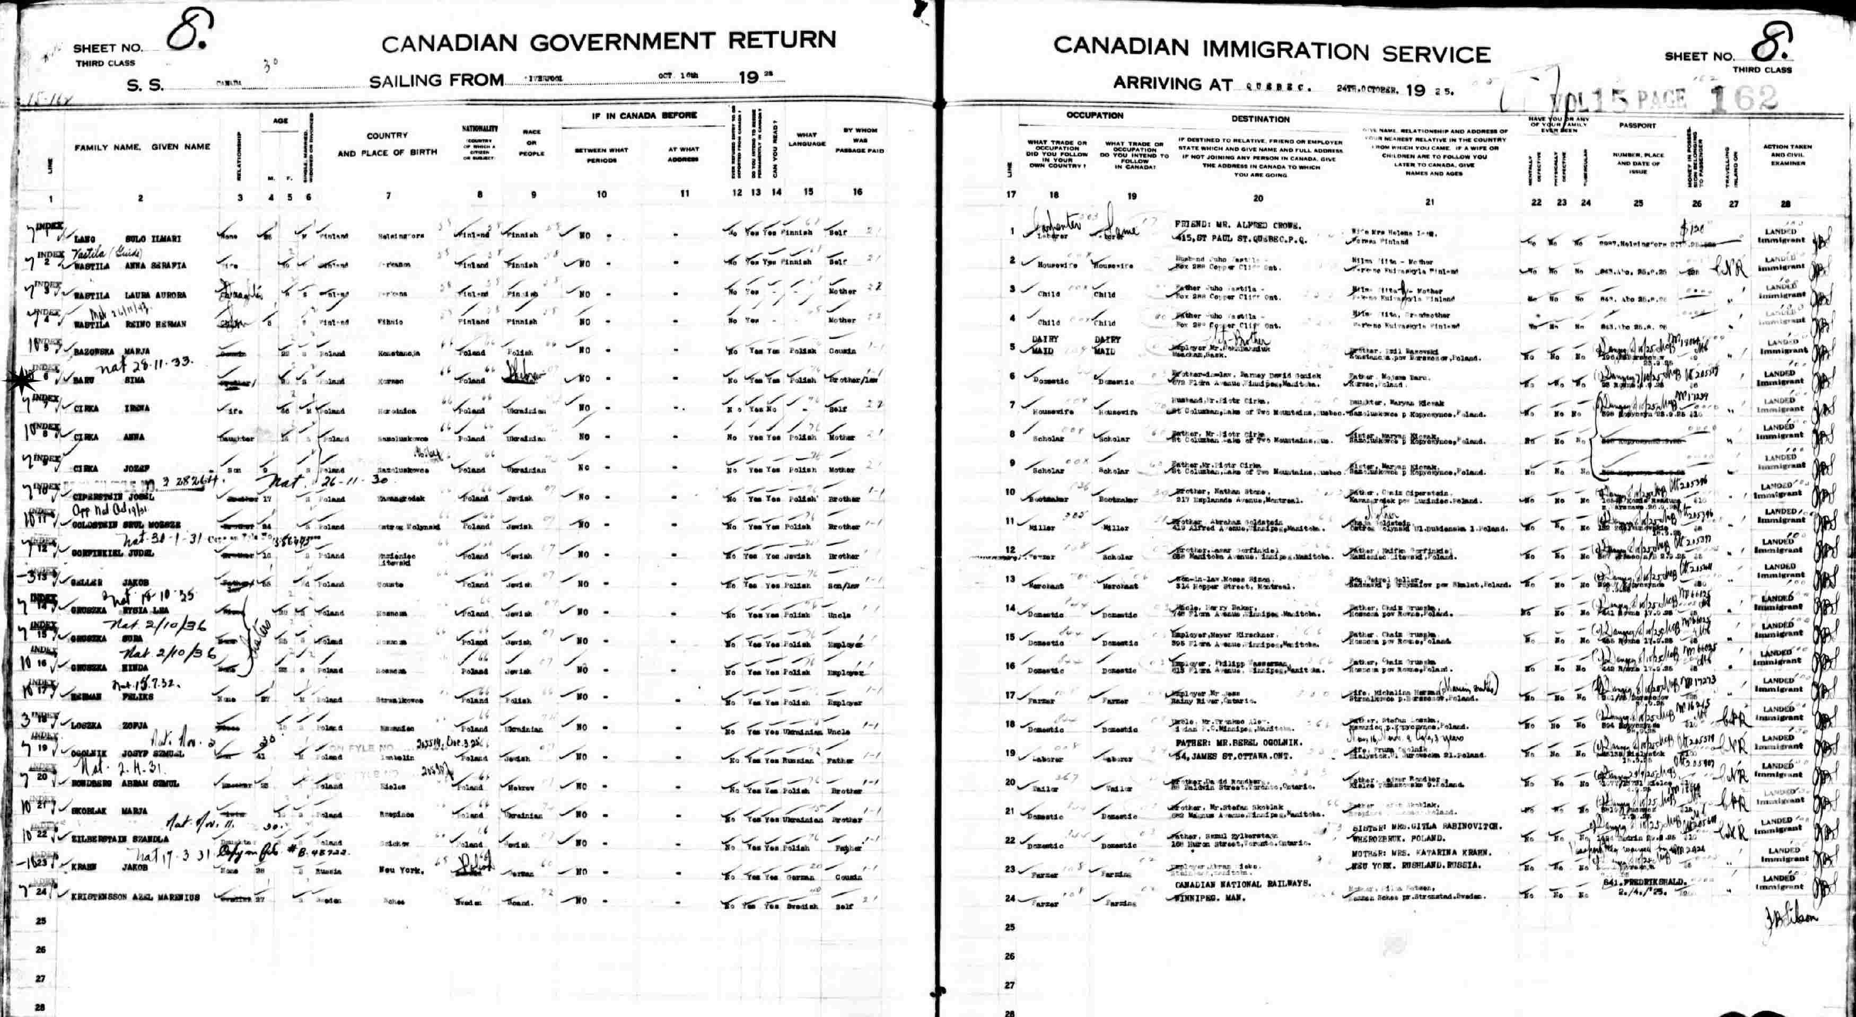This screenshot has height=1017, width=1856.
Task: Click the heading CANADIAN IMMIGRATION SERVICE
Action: click(1272, 50)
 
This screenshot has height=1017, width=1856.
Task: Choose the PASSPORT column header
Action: click(1637, 125)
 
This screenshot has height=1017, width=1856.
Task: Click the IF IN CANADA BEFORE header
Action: click(644, 115)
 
